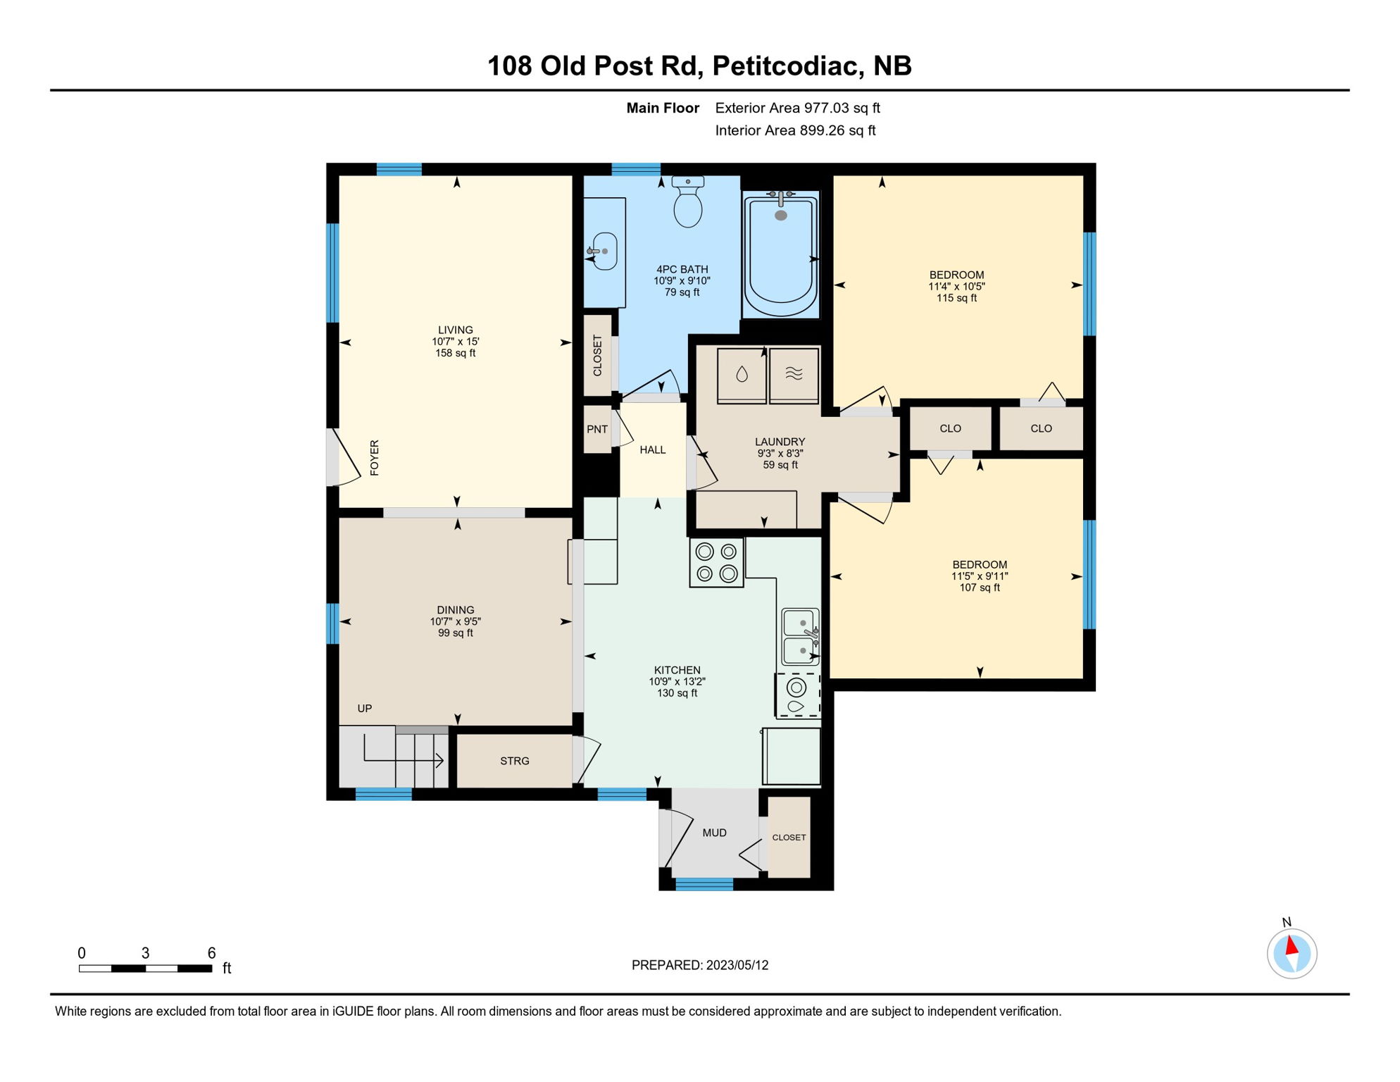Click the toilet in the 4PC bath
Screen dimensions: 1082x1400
pos(688,202)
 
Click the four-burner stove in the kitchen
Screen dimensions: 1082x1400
pos(716,562)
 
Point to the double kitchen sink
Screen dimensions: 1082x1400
pos(801,637)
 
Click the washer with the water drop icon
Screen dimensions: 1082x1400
pos(742,375)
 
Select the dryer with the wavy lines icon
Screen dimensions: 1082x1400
pos(794,375)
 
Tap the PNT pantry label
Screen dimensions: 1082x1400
pos(597,429)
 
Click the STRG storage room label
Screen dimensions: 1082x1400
pos(515,761)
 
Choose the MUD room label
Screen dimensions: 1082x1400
pos(714,833)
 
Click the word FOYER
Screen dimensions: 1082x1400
pos(375,457)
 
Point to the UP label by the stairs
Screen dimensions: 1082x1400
pos(364,708)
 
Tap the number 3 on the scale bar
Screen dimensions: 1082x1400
pos(145,953)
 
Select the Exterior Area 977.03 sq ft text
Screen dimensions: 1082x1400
pos(797,108)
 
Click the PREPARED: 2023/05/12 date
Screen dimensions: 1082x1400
pos(699,965)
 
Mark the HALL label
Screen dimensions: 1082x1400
pos(652,449)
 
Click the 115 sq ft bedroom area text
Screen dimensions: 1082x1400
pos(956,298)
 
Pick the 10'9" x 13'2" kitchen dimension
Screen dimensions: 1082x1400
pos(677,681)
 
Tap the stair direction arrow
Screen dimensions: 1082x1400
pos(439,760)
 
